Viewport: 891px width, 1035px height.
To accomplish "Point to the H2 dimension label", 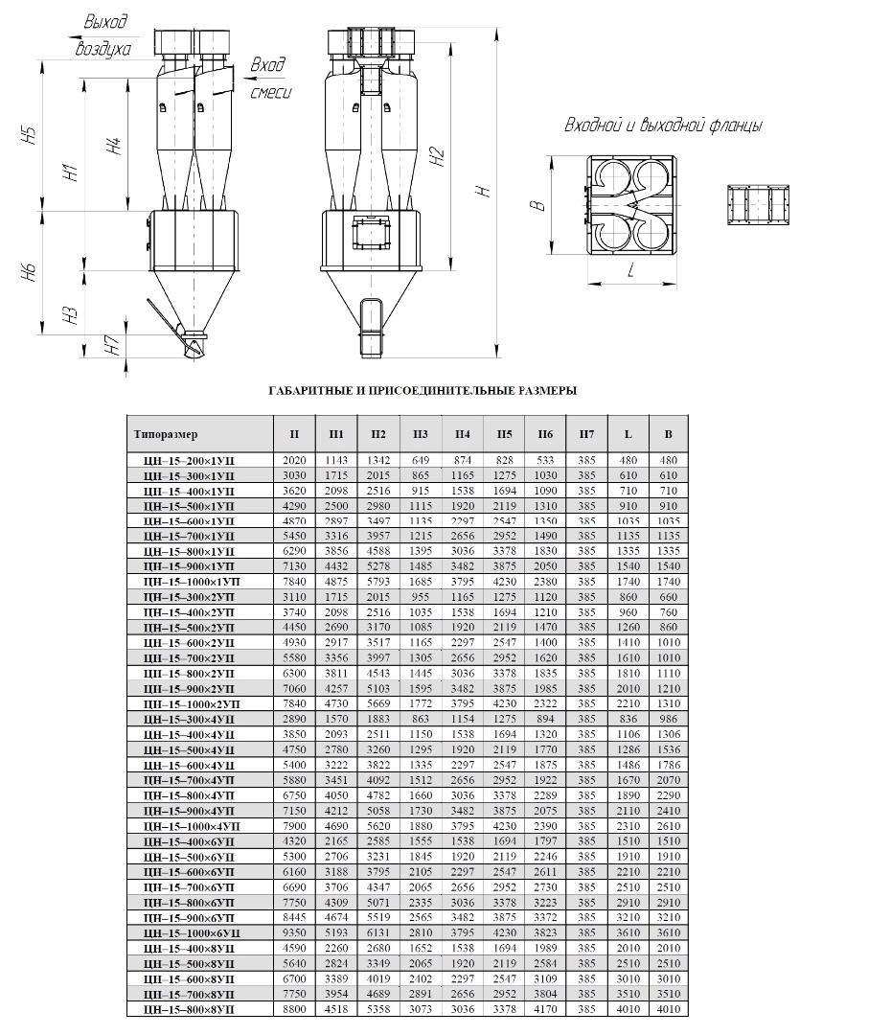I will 438,157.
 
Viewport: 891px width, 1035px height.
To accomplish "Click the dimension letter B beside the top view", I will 537,205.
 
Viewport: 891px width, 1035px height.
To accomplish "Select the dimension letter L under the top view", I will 631,272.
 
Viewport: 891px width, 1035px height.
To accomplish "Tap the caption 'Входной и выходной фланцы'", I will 663,126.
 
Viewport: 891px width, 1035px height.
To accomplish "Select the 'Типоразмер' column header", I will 166,434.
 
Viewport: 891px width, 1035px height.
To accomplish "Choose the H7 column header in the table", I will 586,434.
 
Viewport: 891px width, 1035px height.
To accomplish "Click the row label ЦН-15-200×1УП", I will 188,461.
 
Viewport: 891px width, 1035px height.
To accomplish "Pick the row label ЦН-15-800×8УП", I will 188,1009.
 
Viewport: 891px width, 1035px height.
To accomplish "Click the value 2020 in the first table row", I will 294,461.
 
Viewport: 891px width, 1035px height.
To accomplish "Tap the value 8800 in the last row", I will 294,1009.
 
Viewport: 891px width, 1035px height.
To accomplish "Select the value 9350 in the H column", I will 294,932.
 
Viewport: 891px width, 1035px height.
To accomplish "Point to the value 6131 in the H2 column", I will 377,932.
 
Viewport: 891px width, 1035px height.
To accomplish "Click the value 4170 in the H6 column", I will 545,1009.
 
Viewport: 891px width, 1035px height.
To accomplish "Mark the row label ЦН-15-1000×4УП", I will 188,826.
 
